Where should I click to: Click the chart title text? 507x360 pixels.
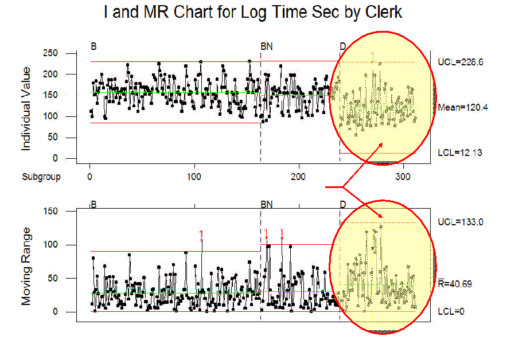click(x=253, y=11)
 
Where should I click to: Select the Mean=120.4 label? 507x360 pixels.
click(x=462, y=107)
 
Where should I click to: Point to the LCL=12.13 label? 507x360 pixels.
click(x=461, y=153)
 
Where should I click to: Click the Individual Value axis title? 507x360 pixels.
click(x=26, y=109)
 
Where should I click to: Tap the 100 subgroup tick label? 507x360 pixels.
click(x=194, y=177)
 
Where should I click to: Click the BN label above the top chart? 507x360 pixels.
click(x=267, y=46)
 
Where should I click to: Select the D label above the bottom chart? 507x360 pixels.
click(x=342, y=205)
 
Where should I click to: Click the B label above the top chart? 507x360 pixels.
click(x=93, y=46)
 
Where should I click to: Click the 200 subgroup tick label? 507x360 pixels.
click(x=299, y=177)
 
